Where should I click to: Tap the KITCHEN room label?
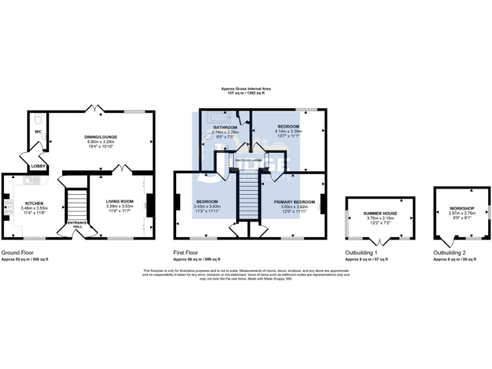click(x=34, y=203)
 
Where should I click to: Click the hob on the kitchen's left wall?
click(x=10, y=207)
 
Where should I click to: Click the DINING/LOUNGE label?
click(x=102, y=137)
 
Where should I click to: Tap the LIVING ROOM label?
click(x=119, y=202)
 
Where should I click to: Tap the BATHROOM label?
click(x=225, y=127)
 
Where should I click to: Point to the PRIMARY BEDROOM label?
click(x=291, y=202)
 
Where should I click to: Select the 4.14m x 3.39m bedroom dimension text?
click(x=288, y=131)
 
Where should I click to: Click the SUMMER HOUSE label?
click(x=381, y=213)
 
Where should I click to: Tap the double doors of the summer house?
click(x=381, y=242)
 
